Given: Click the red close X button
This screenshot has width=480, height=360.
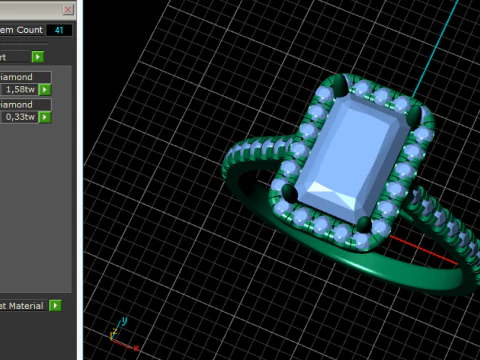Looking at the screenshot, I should point(67,9).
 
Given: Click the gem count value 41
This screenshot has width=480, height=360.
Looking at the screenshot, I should point(59,31).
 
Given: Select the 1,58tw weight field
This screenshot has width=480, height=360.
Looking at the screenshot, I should point(18,89).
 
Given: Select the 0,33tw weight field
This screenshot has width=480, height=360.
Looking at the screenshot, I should point(18,117).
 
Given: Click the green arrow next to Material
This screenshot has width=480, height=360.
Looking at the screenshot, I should point(55,305).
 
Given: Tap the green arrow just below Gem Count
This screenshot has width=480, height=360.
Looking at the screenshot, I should point(37,57).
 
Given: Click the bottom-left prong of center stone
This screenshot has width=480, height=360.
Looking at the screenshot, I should point(290,190).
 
